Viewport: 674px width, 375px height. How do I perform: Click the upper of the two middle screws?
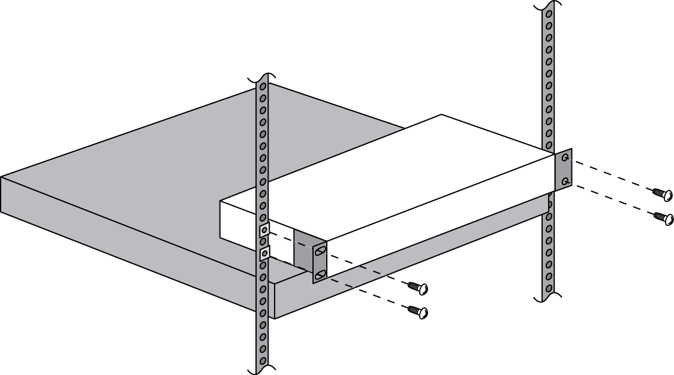pyautogui.click(x=419, y=289)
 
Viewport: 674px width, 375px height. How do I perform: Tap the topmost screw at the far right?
pyautogui.click(x=663, y=195)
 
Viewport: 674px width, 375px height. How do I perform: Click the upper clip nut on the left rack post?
pyautogui.click(x=264, y=230)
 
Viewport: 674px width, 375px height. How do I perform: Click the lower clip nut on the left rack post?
pyautogui.click(x=264, y=253)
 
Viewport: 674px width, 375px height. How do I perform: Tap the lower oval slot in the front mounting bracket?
pyautogui.click(x=320, y=274)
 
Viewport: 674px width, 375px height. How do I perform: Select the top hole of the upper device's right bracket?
pyautogui.click(x=564, y=158)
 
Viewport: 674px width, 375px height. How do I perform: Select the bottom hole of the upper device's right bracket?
pyautogui.click(x=564, y=181)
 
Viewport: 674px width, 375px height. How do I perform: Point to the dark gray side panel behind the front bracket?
pyautogui.click(x=303, y=247)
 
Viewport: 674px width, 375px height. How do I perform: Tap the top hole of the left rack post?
pyautogui.click(x=263, y=87)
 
